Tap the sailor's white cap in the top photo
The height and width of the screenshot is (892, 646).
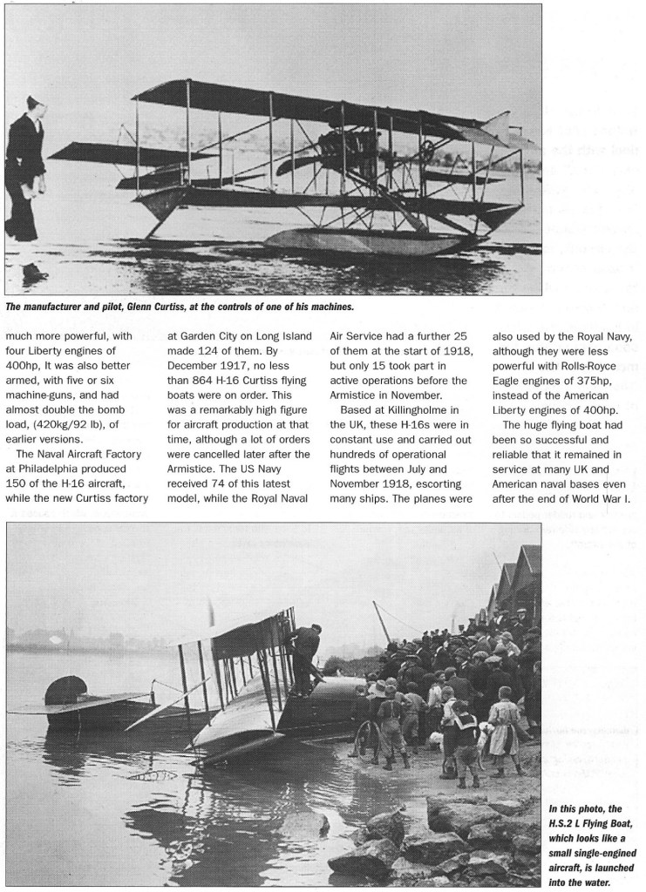(x=32, y=103)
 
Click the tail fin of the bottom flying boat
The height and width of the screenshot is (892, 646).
(x=65, y=690)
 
